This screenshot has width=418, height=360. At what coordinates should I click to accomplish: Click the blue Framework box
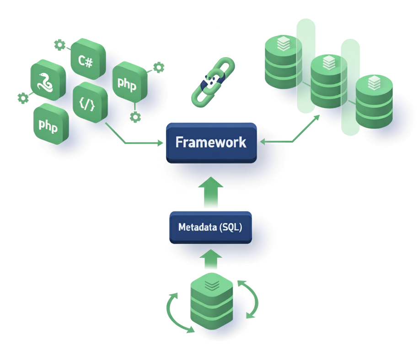tap(211, 142)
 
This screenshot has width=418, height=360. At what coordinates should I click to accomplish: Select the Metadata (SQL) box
tap(210, 227)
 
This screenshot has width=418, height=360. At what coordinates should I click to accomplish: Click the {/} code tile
tap(90, 103)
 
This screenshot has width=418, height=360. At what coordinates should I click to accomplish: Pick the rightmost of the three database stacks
tap(374, 103)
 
